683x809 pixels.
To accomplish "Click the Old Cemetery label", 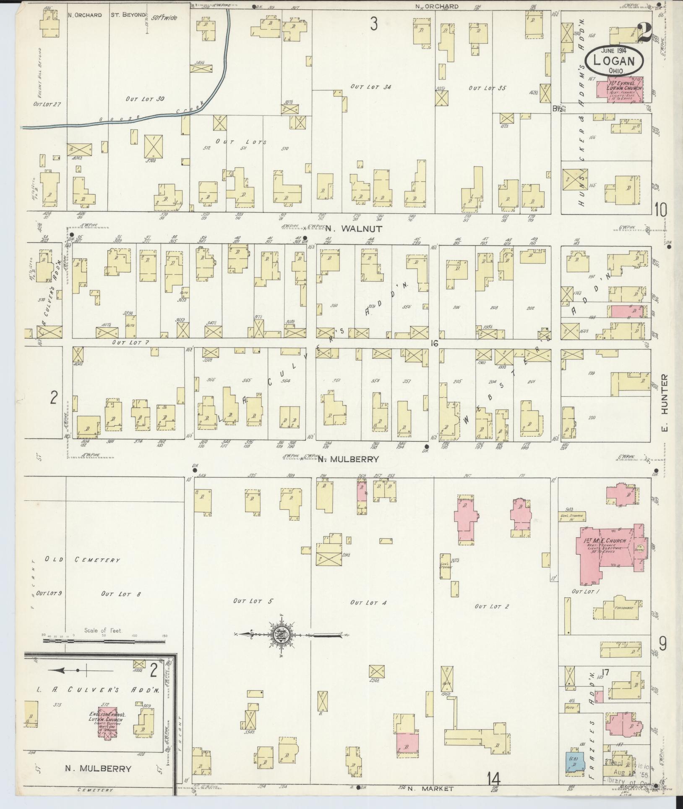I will coord(82,560).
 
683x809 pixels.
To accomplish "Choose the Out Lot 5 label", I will coord(253,601).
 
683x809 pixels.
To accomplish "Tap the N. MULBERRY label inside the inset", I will coord(98,769).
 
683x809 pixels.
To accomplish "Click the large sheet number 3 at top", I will coord(373,24).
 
